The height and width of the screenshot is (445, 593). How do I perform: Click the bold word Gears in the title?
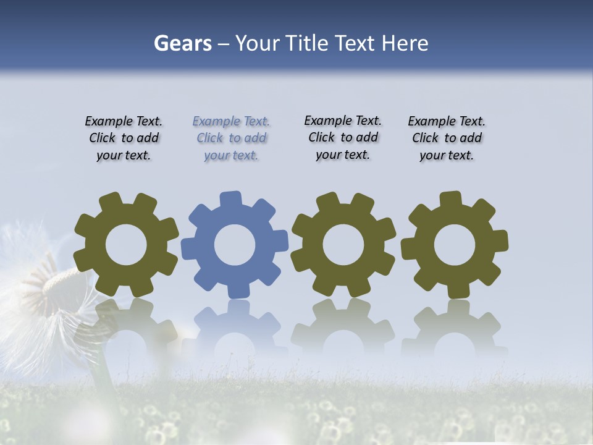[182, 43]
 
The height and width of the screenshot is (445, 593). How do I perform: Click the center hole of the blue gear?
[234, 245]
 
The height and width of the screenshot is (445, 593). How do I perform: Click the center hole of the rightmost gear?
[455, 245]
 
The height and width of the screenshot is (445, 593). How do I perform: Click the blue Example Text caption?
[231, 138]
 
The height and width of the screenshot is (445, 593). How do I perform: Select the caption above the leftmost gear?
[124, 138]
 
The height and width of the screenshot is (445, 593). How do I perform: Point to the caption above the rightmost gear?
[447, 138]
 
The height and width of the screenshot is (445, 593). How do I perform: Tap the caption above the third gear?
[343, 137]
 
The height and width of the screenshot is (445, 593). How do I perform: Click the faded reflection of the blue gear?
[234, 324]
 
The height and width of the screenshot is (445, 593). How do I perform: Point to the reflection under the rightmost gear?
[455, 324]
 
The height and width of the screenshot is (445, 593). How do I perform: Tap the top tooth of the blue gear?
[231, 201]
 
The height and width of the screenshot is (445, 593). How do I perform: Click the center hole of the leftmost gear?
[126, 245]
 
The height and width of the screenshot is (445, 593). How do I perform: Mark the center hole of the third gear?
[343, 245]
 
